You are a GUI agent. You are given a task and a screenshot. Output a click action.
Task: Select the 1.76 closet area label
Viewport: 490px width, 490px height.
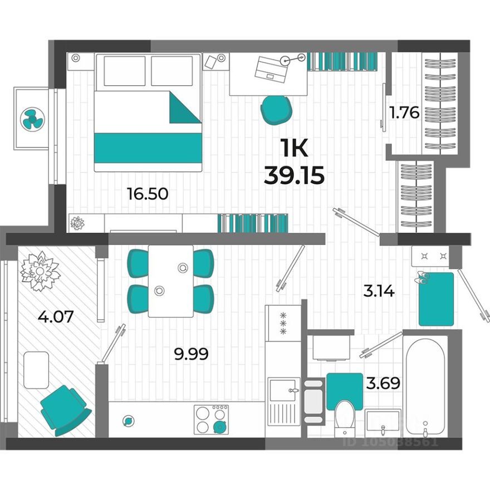click(x=403, y=113)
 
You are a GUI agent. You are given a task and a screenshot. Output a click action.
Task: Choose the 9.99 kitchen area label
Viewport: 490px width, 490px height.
click(x=191, y=354)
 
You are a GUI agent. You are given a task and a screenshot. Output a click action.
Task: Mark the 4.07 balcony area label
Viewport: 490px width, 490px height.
click(x=56, y=317)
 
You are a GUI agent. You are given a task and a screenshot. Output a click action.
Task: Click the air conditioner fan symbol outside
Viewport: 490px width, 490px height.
click(x=32, y=119)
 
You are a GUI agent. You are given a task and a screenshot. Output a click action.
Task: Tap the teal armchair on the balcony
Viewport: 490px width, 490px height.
click(x=64, y=410)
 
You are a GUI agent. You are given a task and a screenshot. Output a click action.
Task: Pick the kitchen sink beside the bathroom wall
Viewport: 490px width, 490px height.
click(x=283, y=395)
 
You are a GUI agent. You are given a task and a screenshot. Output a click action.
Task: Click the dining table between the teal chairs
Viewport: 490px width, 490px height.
click(x=170, y=281)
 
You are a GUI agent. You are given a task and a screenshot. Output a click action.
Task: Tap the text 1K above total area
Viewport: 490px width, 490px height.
click(x=294, y=149)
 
